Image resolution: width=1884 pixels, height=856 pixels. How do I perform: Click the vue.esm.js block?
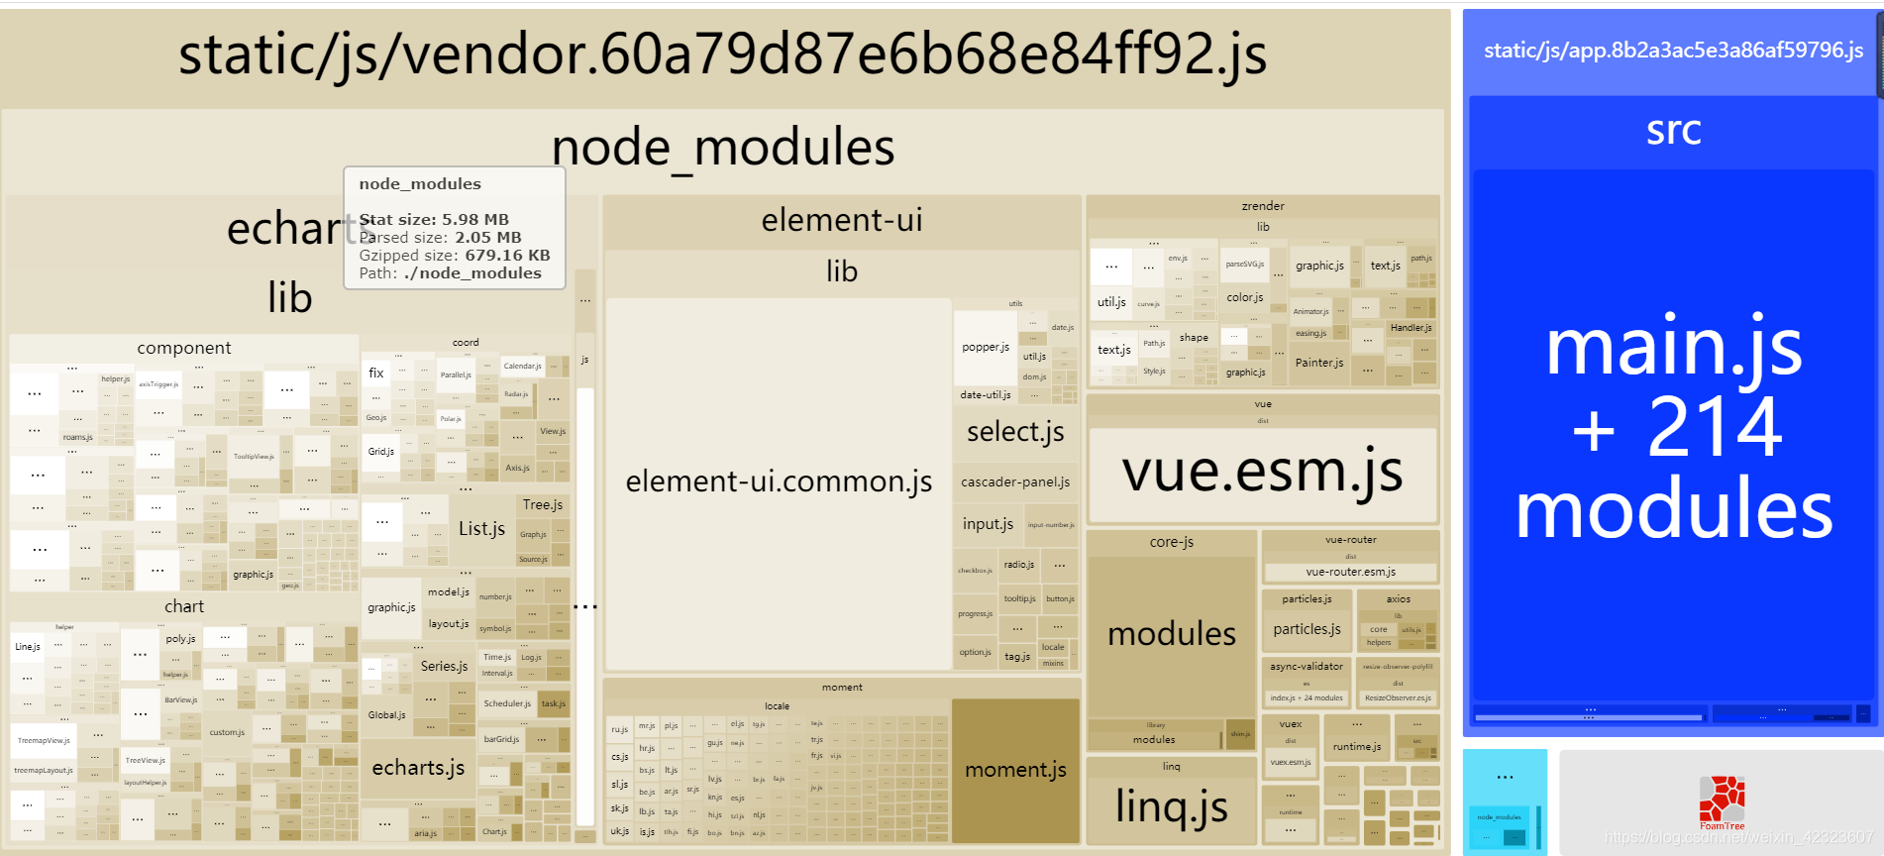[x=1262, y=473]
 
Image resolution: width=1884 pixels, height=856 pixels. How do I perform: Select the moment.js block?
[x=1015, y=770]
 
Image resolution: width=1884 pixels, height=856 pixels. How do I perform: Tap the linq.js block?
[x=1172, y=806]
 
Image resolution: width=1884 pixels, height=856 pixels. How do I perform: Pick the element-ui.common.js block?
[x=779, y=482]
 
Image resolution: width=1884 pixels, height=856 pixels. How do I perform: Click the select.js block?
[x=1015, y=432]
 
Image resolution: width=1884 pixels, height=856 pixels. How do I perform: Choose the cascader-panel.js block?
[x=1015, y=482]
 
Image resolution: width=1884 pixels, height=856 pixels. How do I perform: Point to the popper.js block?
[x=986, y=348]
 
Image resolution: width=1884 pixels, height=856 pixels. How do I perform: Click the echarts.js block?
[x=418, y=768]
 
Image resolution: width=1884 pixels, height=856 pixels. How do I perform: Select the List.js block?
[x=481, y=529]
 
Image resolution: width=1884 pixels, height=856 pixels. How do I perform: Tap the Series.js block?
[x=444, y=667]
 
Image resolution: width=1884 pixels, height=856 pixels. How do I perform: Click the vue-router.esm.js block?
[x=1350, y=572]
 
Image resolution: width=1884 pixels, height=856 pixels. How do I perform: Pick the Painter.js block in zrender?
[x=1318, y=363]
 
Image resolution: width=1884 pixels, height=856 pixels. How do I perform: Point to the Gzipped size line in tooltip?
[x=455, y=256]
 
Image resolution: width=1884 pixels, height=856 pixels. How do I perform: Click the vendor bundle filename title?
[x=722, y=54]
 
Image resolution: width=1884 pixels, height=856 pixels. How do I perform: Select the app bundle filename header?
[x=1673, y=51]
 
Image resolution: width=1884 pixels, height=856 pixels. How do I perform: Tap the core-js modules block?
[x=1172, y=634]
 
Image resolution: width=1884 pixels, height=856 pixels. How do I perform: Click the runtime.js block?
[x=1356, y=747]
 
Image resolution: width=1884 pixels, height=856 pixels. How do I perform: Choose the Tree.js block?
[x=543, y=505]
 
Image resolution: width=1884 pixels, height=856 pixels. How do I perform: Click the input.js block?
[x=988, y=524]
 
